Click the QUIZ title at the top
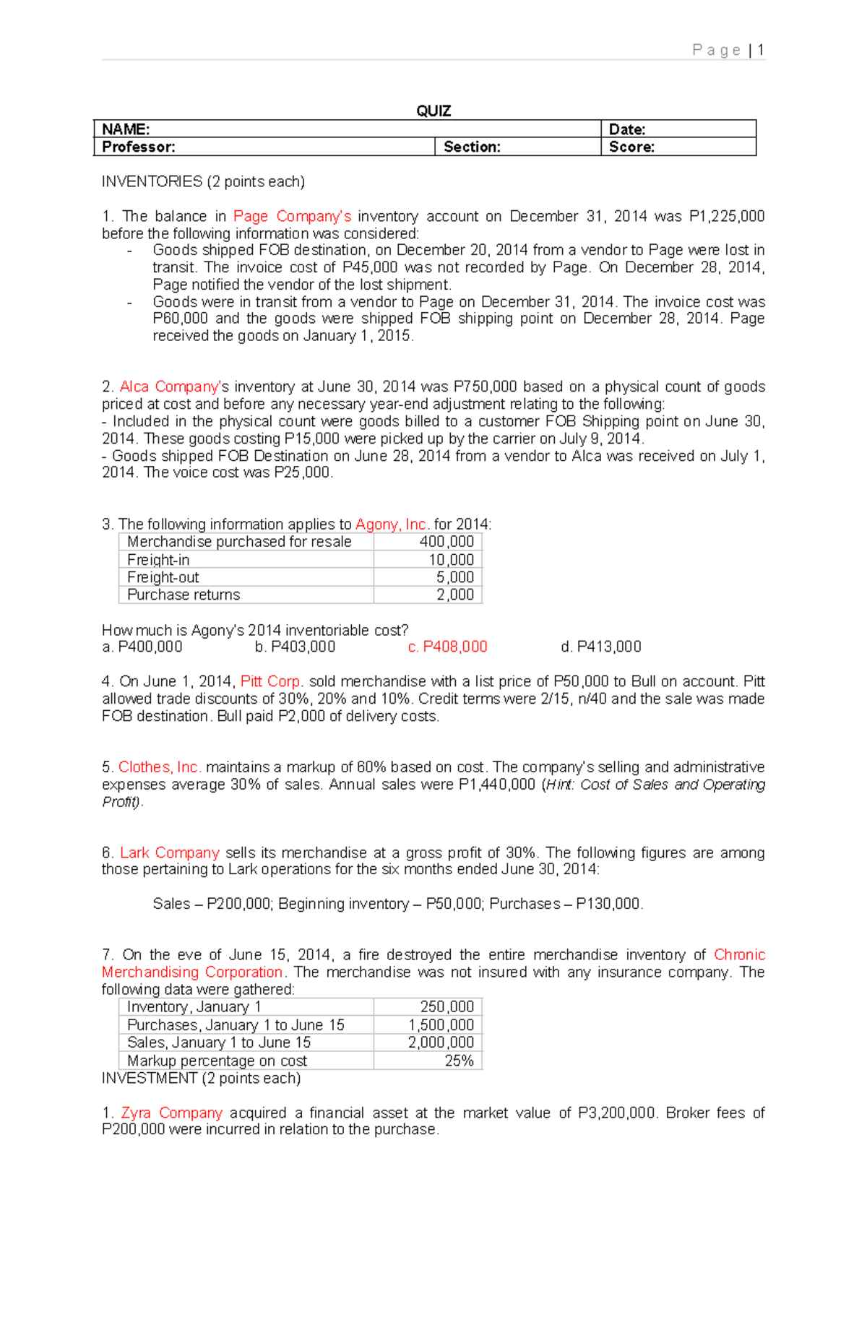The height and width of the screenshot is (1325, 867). pyautogui.click(x=433, y=111)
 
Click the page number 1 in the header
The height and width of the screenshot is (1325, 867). pyautogui.click(x=761, y=50)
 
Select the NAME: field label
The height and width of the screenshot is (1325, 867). pyautogui.click(x=126, y=129)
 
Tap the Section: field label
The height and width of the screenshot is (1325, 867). pyautogui.click(x=472, y=147)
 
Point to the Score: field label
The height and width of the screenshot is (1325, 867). pyautogui.click(x=631, y=147)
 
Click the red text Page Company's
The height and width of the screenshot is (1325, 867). pyautogui.click(x=292, y=216)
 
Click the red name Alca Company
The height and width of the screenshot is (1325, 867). pyautogui.click(x=169, y=387)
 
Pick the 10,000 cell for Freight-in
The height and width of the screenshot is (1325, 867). pyautogui.click(x=451, y=560)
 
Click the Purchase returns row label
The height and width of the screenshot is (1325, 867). pyautogui.click(x=184, y=595)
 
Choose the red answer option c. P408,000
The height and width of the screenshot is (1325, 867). pyautogui.click(x=447, y=647)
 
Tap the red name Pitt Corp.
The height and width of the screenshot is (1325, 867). pyautogui.click(x=272, y=681)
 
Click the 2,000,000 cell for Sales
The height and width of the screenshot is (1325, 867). pyautogui.click(x=441, y=1043)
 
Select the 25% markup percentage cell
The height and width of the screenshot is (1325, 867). pyautogui.click(x=459, y=1061)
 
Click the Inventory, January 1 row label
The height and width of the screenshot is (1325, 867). pyautogui.click(x=194, y=1007)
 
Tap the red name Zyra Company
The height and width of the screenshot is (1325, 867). pyautogui.click(x=171, y=1113)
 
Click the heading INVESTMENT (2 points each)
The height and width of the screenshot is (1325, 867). pyautogui.click(x=201, y=1078)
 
